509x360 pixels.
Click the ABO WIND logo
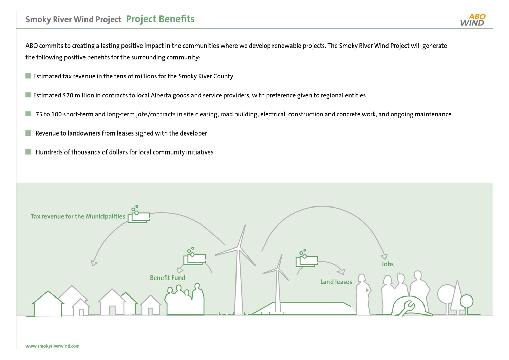click(473, 20)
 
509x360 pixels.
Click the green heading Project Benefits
click(160, 19)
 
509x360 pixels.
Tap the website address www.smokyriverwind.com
click(53, 346)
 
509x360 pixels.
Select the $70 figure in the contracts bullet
click(68, 95)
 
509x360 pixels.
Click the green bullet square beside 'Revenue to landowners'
click(28, 133)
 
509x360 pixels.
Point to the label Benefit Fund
click(168, 278)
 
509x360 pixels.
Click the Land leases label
click(336, 282)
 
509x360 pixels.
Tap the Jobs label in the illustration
click(388, 264)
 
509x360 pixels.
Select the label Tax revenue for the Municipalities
click(78, 216)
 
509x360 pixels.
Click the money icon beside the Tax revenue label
click(138, 214)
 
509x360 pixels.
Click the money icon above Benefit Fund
click(194, 256)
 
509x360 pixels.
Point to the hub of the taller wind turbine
click(238, 248)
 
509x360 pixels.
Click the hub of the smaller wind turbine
click(278, 269)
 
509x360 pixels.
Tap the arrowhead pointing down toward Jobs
click(384, 257)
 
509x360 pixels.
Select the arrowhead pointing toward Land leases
click(341, 272)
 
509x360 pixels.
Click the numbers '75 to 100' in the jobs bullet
click(49, 114)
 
